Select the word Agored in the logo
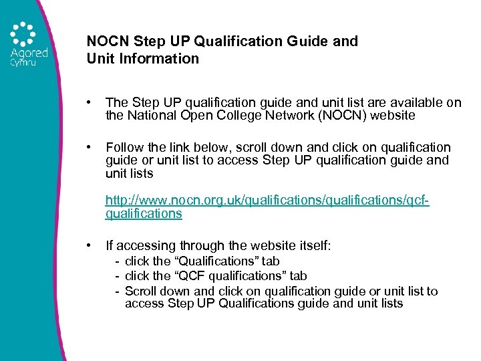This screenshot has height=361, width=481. tap(29, 53)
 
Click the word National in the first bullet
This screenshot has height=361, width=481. tap(156, 116)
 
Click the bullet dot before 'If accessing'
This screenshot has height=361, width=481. tap(89, 245)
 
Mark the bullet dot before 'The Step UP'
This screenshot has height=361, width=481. tap(89, 102)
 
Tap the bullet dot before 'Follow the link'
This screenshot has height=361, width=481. tap(89, 147)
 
